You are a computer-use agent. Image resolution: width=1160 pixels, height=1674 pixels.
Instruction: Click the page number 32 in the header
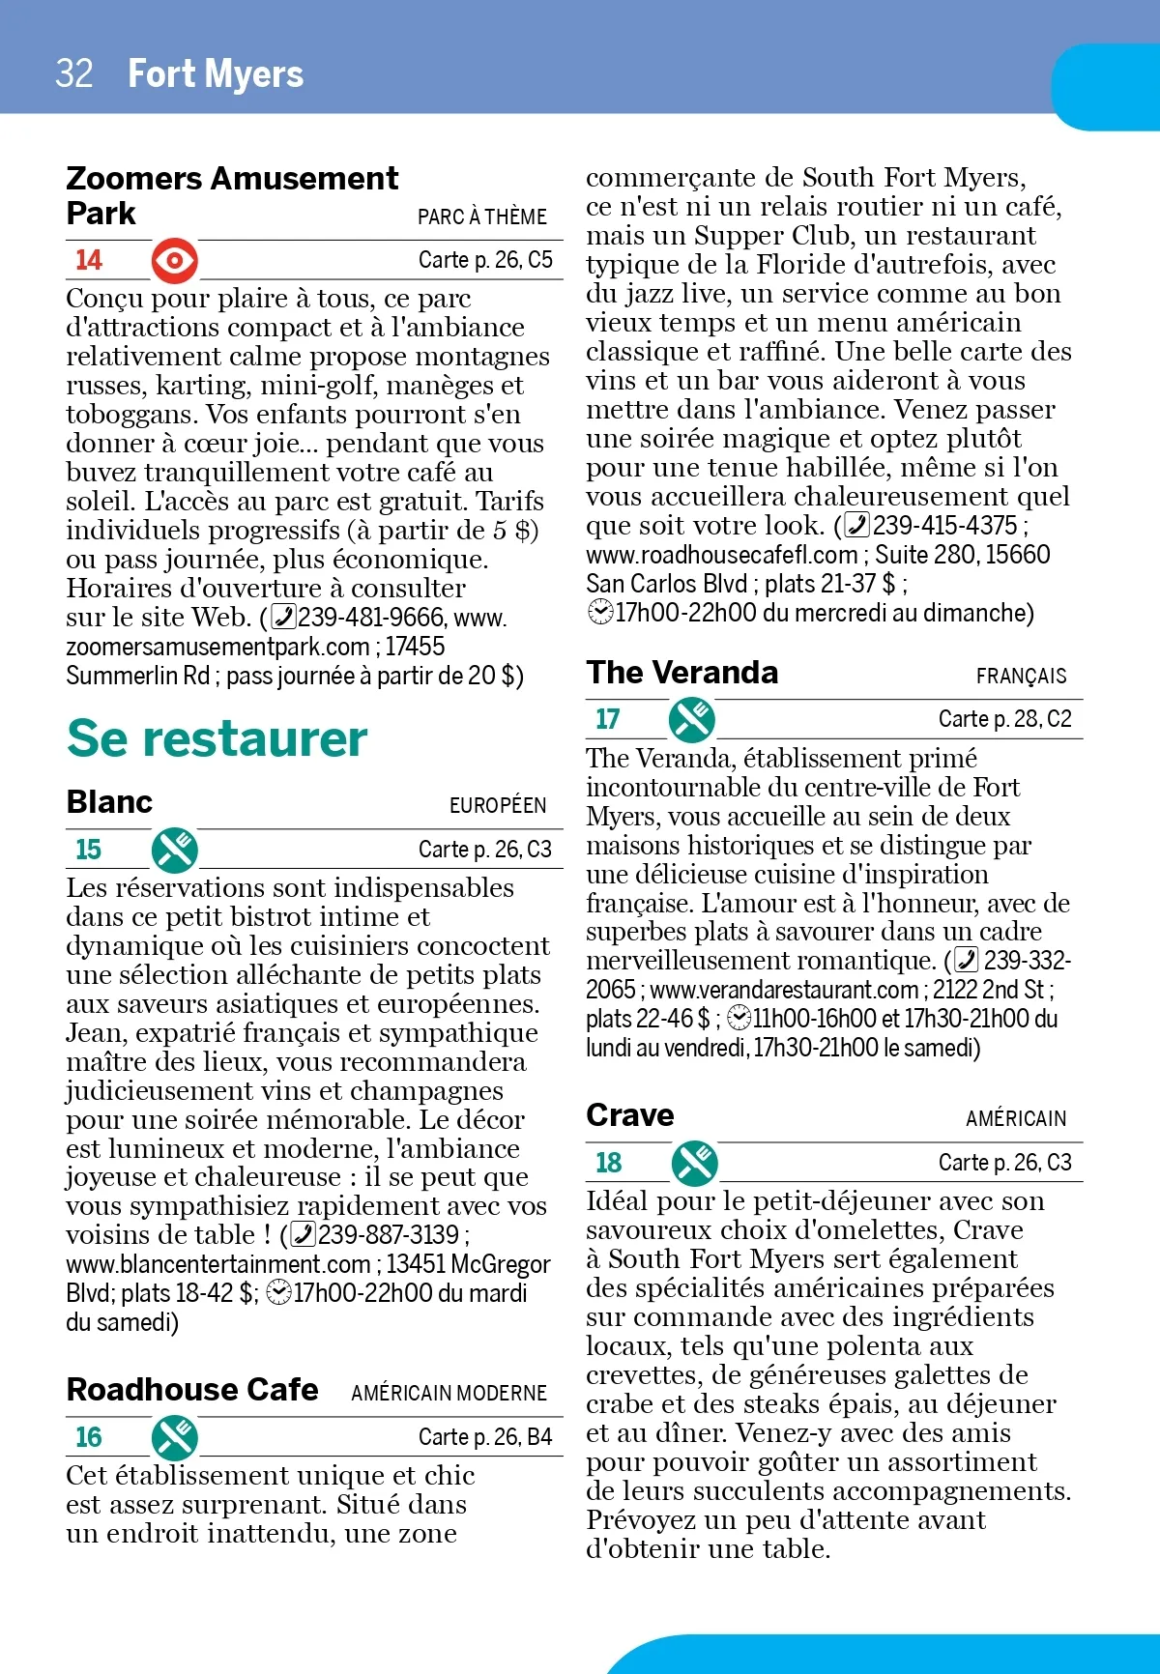click(74, 73)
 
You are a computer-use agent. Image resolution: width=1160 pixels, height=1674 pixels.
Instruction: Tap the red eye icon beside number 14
click(175, 260)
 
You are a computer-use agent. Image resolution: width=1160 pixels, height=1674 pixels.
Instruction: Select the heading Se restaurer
click(217, 738)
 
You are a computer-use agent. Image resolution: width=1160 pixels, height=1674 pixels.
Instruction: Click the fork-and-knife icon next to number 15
click(175, 850)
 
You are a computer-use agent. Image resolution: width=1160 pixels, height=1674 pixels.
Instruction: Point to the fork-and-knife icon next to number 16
click(175, 1437)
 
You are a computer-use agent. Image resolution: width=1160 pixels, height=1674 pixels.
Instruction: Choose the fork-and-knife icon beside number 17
click(692, 719)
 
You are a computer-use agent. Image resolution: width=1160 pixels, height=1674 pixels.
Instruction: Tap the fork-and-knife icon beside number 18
click(695, 1163)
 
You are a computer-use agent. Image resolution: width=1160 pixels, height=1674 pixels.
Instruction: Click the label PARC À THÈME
click(481, 216)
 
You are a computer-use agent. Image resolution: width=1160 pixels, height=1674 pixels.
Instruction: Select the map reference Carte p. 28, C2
click(1004, 719)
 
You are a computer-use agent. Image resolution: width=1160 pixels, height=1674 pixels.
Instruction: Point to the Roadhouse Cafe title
click(192, 1389)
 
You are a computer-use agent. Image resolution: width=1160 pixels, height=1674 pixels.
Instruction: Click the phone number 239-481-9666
click(371, 617)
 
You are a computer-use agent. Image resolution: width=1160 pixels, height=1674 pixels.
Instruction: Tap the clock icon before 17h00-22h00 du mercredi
click(599, 613)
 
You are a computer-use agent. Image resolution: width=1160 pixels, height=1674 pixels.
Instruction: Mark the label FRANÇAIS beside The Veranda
click(1021, 676)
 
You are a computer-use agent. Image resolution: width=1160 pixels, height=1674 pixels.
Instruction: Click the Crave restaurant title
click(630, 1114)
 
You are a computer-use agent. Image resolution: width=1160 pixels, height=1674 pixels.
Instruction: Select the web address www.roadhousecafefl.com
click(721, 555)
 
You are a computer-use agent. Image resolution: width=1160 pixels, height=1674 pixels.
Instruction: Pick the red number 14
click(88, 260)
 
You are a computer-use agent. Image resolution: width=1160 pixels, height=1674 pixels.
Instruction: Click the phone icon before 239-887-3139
click(303, 1235)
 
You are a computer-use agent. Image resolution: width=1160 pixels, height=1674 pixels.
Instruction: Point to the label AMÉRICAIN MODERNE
click(449, 1393)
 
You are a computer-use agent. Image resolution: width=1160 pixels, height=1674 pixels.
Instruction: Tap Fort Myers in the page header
click(216, 73)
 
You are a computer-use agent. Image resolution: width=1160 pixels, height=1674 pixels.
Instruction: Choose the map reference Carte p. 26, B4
click(484, 1437)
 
